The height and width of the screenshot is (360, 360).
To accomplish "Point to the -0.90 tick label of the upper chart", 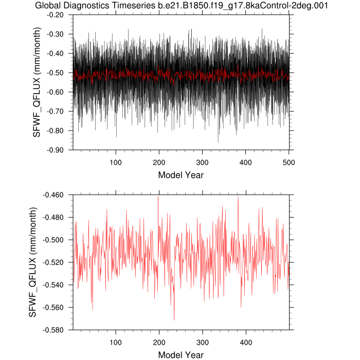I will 57,150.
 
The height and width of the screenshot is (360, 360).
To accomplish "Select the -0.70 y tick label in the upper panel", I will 57,111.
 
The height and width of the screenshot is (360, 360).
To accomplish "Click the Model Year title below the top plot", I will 181,175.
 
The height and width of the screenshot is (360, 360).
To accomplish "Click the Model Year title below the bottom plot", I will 181,355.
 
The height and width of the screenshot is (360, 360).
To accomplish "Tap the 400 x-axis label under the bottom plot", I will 246,342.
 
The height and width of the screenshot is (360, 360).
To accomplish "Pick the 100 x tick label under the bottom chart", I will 116,342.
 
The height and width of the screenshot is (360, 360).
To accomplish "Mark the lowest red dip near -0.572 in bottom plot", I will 174,320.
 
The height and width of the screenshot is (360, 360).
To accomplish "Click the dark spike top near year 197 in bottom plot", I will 158,197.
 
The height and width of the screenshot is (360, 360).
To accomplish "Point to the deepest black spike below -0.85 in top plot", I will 218,142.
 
